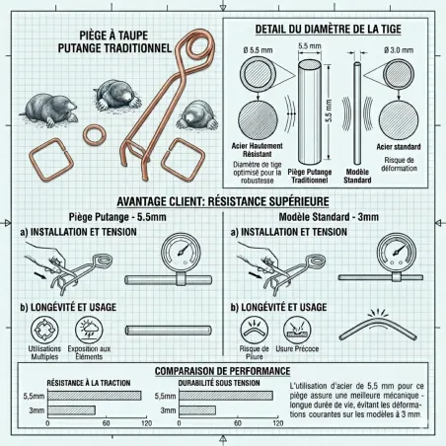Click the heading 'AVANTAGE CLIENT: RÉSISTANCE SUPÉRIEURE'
pyautogui.click(x=223, y=197)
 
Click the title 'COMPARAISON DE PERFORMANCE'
pyautogui.click(x=223, y=370)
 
